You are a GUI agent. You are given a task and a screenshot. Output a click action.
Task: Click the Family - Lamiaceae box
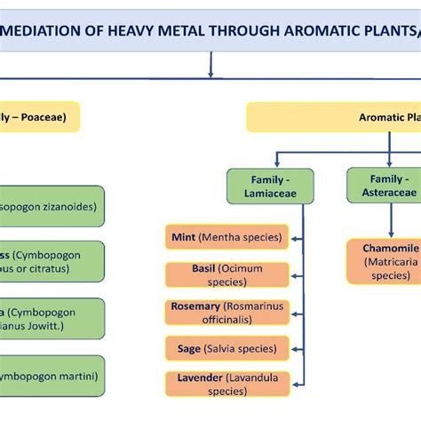point(269,187)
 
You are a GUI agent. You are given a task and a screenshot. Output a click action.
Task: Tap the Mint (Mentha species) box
point(227,237)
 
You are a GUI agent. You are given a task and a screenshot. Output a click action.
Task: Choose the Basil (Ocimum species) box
point(227,274)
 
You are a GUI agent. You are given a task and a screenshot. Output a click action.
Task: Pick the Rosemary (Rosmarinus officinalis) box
point(227,312)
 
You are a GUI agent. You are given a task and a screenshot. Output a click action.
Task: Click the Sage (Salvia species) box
point(227,348)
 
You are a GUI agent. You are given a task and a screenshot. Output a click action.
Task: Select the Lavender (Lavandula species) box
point(227,384)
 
